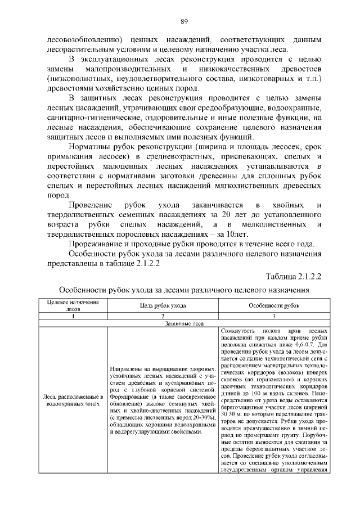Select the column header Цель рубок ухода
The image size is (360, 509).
point(163,305)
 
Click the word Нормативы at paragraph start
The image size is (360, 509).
point(90,146)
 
